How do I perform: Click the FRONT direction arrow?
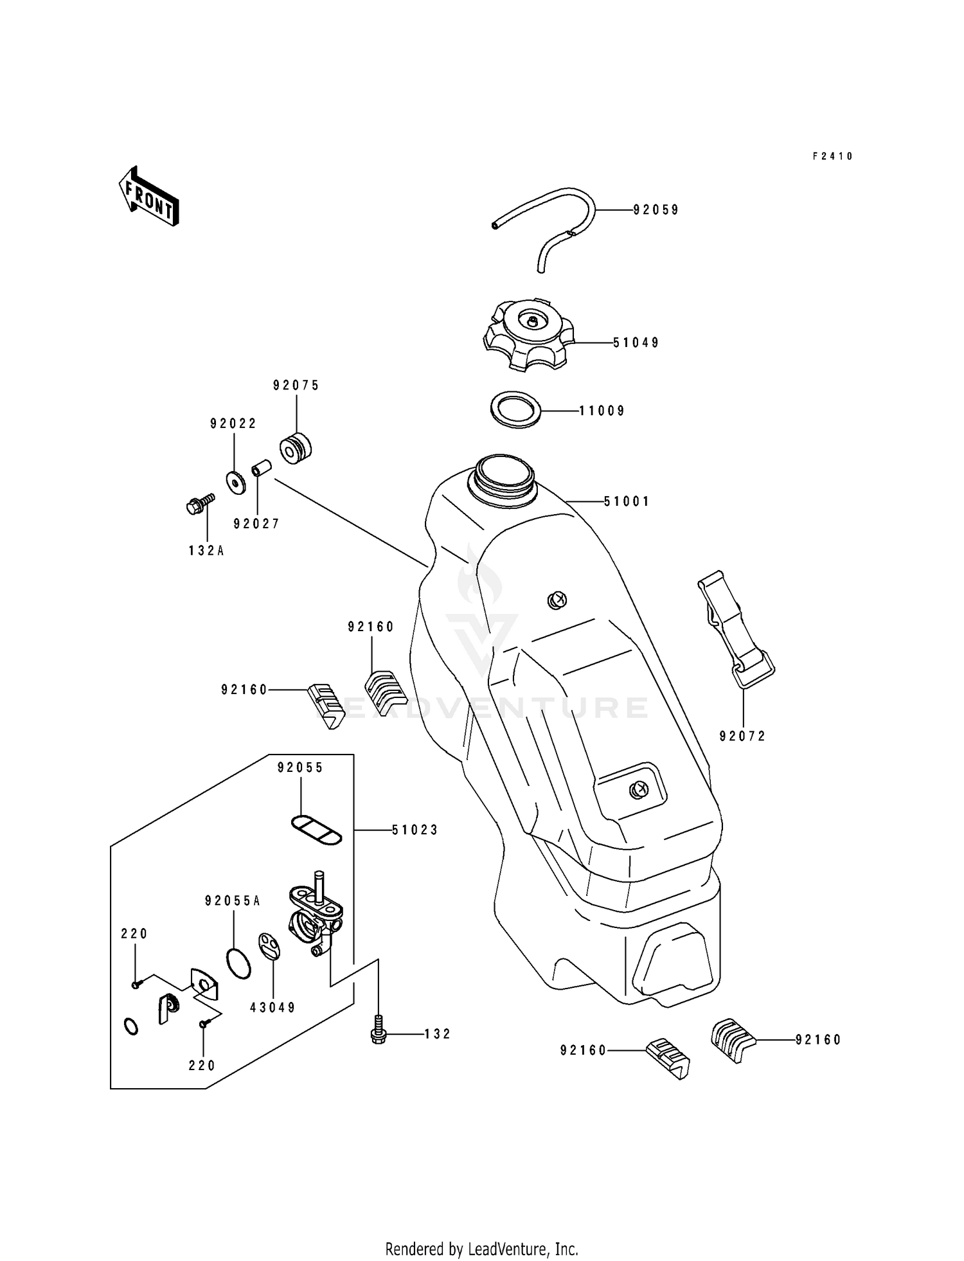[x=148, y=197]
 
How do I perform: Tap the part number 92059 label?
[x=656, y=210]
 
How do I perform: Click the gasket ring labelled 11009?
[x=514, y=409]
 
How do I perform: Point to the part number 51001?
[x=627, y=501]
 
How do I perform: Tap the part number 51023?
[x=415, y=830]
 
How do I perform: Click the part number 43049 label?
[x=272, y=1008]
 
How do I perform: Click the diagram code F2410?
[x=832, y=156]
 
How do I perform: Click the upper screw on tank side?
[x=557, y=600]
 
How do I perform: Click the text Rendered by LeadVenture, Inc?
[x=481, y=1249]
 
